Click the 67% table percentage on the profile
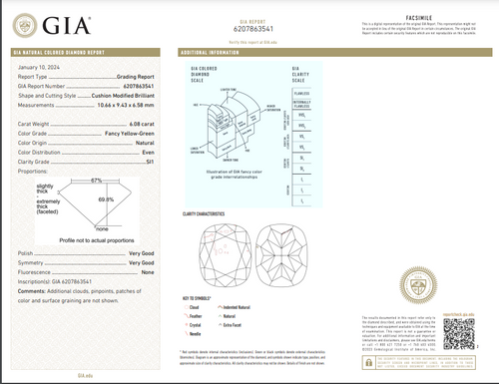(x=97, y=182)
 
